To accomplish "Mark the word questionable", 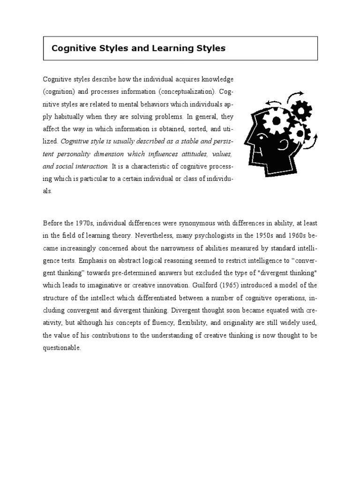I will point(62,348).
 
